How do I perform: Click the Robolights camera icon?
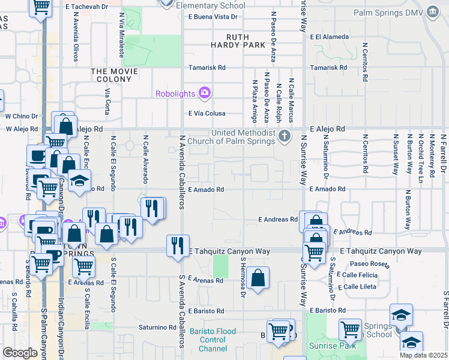click(205, 92)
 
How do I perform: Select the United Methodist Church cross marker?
click(285, 137)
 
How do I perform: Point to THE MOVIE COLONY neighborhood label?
click(114, 71)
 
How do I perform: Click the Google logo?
click(20, 352)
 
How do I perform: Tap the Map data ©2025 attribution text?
click(423, 355)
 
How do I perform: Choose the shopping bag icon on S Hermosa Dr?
click(258, 277)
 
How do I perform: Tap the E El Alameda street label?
click(329, 37)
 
